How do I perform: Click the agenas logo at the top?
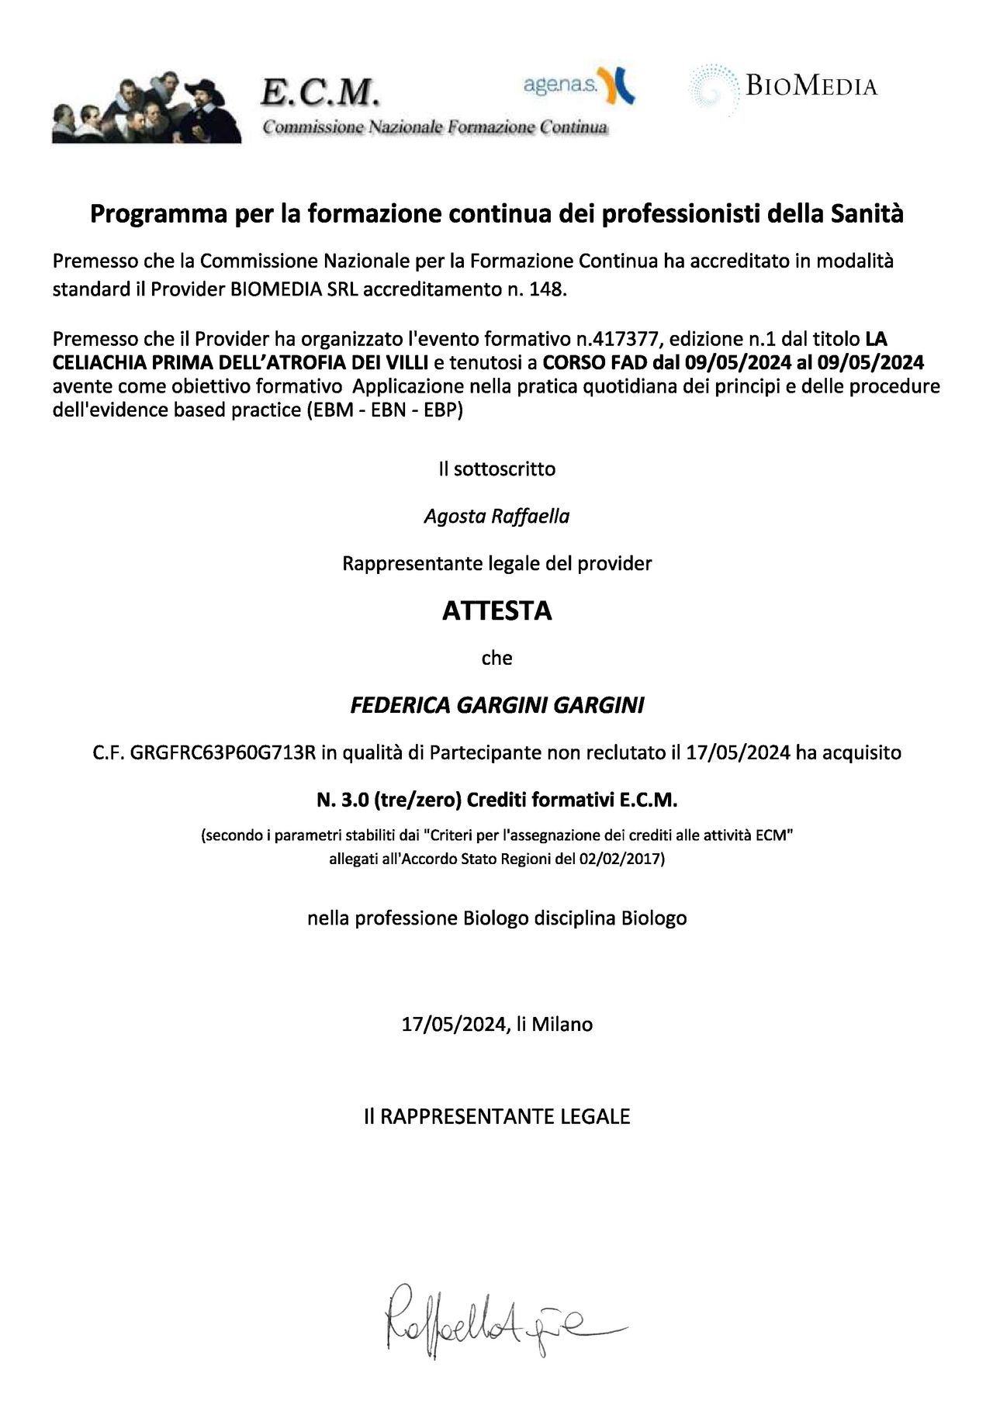coord(579,85)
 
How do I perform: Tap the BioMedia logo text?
coord(811,85)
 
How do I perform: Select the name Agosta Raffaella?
coord(496,516)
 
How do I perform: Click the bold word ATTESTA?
coord(496,610)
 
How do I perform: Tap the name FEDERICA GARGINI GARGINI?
coord(496,705)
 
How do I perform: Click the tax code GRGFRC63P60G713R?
coord(223,752)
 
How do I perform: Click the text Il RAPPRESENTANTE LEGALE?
coord(496,1116)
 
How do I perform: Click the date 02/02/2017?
coord(619,859)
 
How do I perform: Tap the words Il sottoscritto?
coord(496,469)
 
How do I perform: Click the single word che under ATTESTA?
coord(496,658)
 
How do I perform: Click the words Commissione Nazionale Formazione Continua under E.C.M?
coord(434,127)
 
